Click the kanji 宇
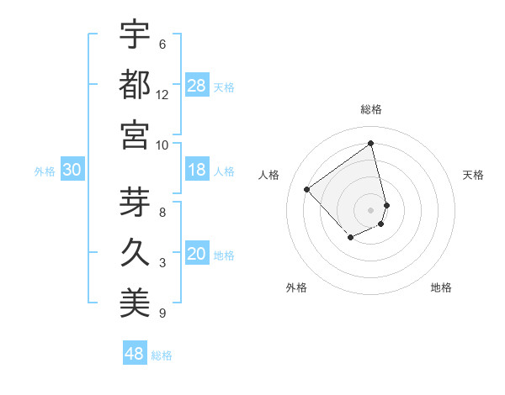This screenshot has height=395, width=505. pos(135,34)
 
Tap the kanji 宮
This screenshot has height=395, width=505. pos(135,134)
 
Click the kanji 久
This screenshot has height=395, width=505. pos(135,253)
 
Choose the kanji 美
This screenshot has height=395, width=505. pos(135,303)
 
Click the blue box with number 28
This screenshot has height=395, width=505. pos(197,85)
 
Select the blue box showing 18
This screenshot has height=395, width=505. pos(197,170)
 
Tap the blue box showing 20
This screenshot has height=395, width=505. pos(197,255)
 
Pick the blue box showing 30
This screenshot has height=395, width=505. pos(72,170)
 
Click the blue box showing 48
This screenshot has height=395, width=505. pos(135,354)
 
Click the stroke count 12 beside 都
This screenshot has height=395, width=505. pos(162,95)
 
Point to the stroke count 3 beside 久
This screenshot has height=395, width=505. pos(162,263)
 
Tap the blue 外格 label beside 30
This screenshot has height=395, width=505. pos(45,171)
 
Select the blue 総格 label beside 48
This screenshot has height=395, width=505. pos(162,355)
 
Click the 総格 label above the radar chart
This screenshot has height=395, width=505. pos(371,109)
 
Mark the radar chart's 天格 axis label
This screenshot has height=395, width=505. pos(473,175)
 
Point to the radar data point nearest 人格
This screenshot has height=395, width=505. pos(307,190)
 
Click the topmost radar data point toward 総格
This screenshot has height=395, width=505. pos(371,143)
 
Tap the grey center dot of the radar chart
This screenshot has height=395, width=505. pos(371,209)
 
